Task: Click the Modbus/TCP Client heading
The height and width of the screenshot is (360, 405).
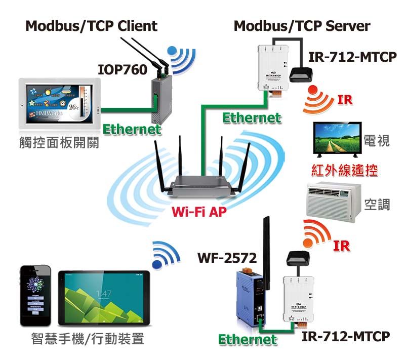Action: [92, 26]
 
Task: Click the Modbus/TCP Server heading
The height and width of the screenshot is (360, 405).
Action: [302, 26]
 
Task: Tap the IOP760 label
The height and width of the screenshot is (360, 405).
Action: [123, 70]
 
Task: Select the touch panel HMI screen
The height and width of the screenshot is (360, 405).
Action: [60, 104]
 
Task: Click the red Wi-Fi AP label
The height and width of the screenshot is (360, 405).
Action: [199, 212]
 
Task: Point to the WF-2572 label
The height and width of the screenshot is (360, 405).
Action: [227, 258]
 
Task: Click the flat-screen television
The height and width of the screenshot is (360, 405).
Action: [337, 140]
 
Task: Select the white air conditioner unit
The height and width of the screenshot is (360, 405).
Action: [334, 202]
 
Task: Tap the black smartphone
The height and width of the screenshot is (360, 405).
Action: [35, 296]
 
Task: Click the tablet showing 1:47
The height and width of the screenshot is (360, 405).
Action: [104, 298]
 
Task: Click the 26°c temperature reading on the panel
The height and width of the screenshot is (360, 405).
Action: [74, 107]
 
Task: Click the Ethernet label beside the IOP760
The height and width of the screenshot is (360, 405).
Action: [132, 130]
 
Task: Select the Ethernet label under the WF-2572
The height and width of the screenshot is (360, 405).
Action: [248, 340]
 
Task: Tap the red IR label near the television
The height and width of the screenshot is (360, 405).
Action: [345, 100]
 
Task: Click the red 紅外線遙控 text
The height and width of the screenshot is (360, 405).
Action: [345, 171]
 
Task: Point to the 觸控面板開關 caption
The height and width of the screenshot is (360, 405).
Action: [59, 142]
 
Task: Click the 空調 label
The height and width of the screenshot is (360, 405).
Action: [377, 205]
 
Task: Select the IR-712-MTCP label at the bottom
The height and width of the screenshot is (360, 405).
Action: [346, 336]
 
